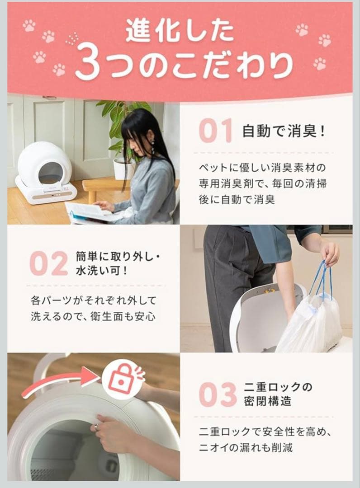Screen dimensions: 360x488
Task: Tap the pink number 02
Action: [x=49, y=263]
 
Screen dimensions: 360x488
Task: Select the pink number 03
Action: [x=218, y=394]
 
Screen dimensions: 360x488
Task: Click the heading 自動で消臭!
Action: [x=284, y=131]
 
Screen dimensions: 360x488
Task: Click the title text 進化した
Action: [x=180, y=31]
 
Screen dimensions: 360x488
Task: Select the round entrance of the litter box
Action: [x=49, y=173]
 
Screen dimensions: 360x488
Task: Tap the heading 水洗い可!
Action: [x=101, y=271]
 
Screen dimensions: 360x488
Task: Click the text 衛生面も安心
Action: [x=123, y=316]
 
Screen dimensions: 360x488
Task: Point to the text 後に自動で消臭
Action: [x=237, y=200]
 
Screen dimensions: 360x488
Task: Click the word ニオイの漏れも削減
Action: [x=246, y=448]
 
